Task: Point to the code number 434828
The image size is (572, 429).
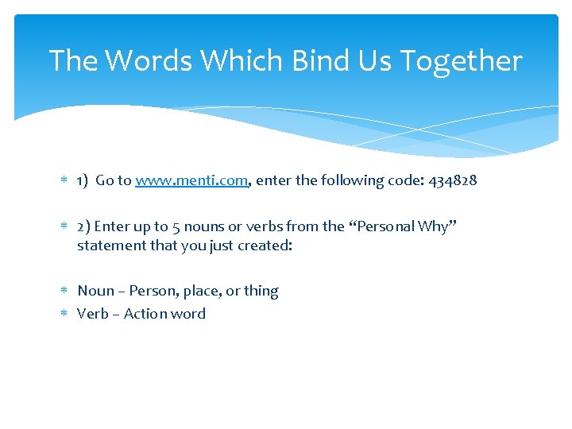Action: (453, 180)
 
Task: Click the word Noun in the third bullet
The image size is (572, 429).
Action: (95, 291)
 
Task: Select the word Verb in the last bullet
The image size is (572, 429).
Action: (92, 314)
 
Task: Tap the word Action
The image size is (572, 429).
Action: (145, 314)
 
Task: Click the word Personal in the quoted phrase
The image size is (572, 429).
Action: (385, 226)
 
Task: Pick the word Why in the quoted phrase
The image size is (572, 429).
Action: (434, 226)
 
